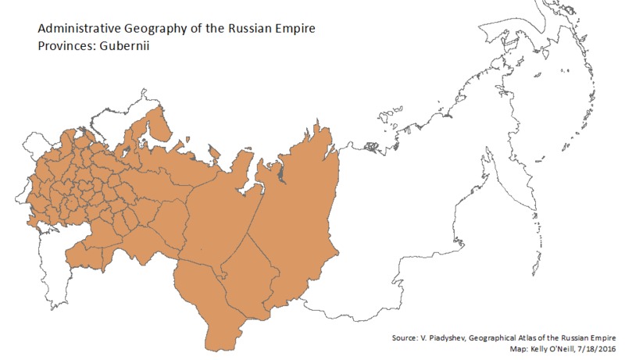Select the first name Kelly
pos(520,348)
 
